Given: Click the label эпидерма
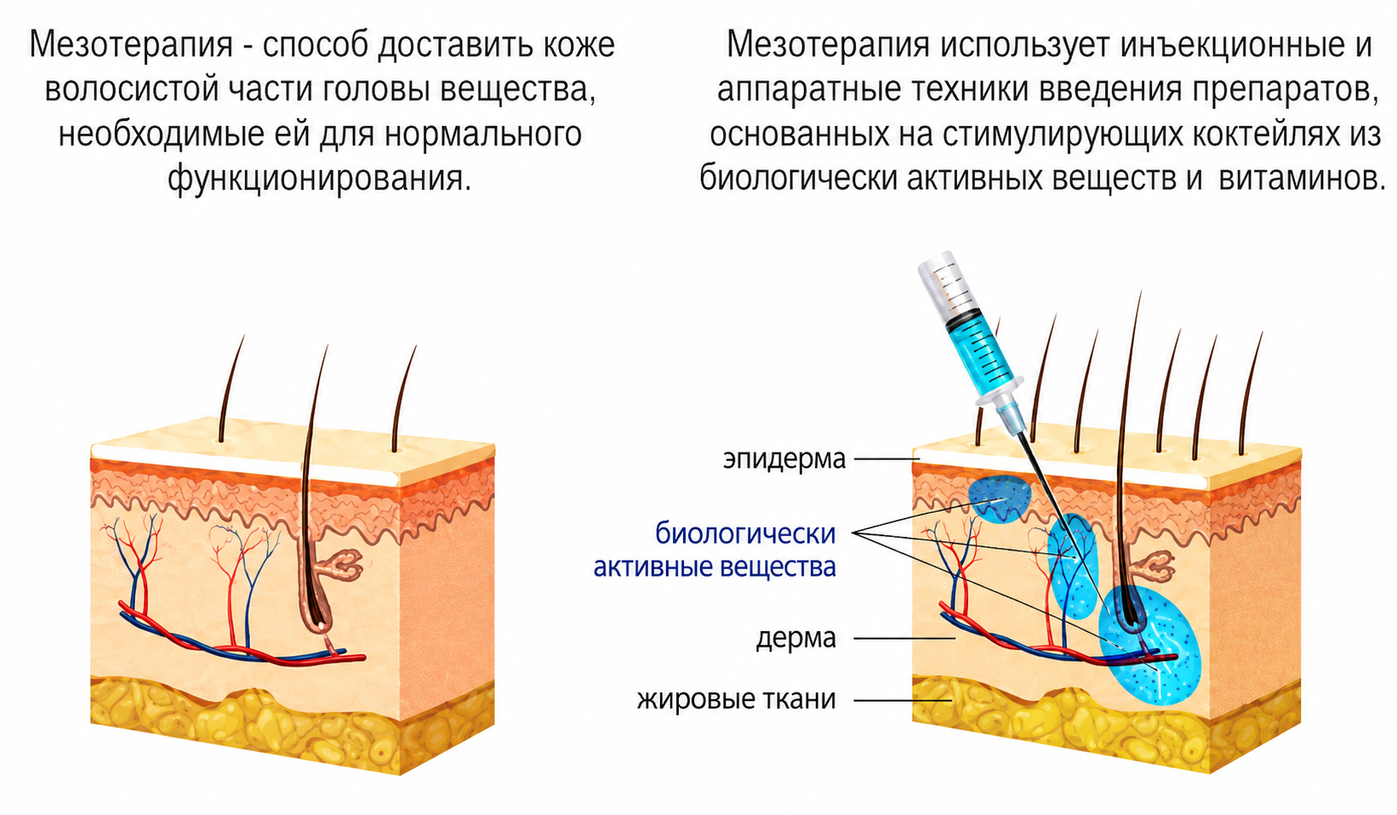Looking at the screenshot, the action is click(784, 459).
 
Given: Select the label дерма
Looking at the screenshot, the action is click(795, 638).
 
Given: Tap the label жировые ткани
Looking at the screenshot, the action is click(736, 699).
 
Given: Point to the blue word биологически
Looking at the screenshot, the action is click(745, 534).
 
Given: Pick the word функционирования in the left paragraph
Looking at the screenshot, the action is click(319, 179).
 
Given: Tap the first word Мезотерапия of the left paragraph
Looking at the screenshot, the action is click(131, 45).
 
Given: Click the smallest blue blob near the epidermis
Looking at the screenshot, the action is click(999, 498).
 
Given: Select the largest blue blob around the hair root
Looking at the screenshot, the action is click(1149, 644).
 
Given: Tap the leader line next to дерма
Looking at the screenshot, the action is click(904, 638).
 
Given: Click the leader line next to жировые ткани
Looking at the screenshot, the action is click(903, 700).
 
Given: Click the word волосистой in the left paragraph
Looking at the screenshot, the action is click(132, 89).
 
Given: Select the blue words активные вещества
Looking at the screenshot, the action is click(715, 567).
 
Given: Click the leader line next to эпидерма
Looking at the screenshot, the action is click(887, 459).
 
